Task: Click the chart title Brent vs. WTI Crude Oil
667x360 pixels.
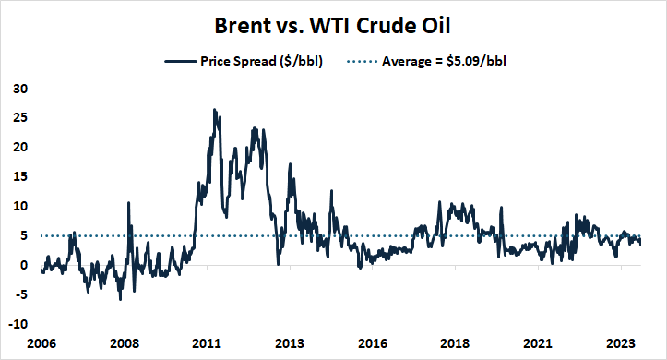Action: click(333, 23)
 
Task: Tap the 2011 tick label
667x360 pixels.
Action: click(207, 342)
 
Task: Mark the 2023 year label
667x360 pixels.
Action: click(621, 342)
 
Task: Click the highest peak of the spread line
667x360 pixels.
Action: click(214, 110)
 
